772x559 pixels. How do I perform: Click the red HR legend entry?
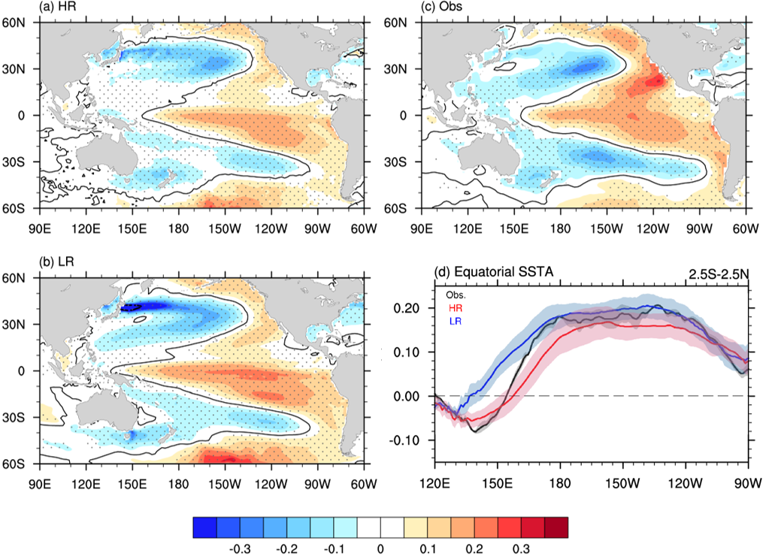coord(455,307)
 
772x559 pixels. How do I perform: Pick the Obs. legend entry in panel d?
coord(456,295)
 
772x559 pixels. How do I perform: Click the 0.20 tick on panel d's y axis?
coord(412,309)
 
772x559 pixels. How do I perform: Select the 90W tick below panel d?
coord(747,482)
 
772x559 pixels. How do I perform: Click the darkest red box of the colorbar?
coord(556,527)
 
